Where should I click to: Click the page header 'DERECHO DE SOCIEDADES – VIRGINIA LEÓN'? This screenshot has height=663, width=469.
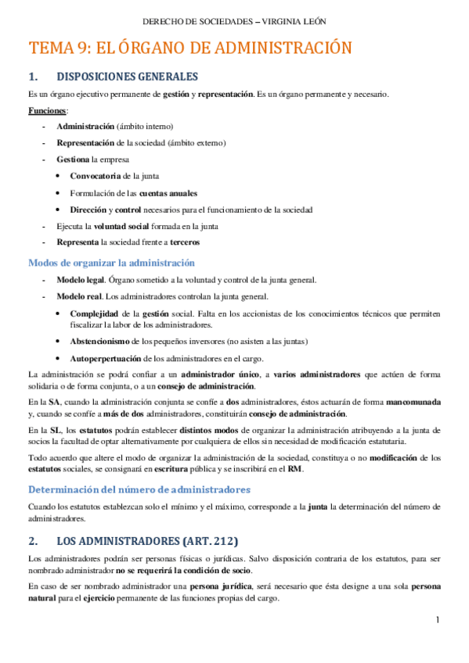[234, 21]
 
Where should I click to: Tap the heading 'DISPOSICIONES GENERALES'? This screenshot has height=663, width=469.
[127, 77]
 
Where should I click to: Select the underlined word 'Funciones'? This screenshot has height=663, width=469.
[47, 111]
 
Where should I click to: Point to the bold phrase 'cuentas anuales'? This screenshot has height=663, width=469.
[168, 193]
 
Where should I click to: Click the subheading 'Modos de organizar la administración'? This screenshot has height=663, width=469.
[111, 263]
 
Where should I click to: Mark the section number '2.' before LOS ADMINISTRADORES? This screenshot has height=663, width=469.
[33, 540]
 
